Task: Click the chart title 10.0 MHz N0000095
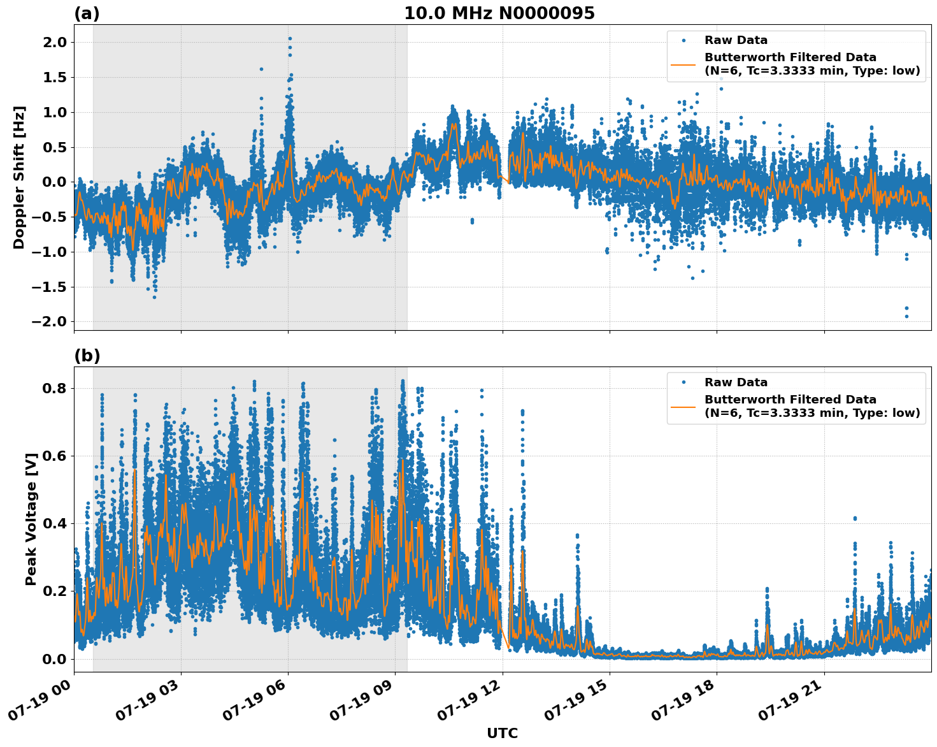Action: (499, 13)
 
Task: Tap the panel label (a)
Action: (87, 13)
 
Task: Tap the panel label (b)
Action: (87, 356)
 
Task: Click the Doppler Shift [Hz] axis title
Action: (19, 177)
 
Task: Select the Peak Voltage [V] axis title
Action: (31, 519)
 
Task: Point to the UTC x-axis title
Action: (502, 733)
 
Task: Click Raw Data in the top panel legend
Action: (736, 40)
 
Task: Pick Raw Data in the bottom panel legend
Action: (736, 382)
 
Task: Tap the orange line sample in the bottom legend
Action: (683, 407)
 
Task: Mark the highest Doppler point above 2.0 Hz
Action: (290, 38)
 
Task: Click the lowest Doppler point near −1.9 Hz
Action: (906, 316)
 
